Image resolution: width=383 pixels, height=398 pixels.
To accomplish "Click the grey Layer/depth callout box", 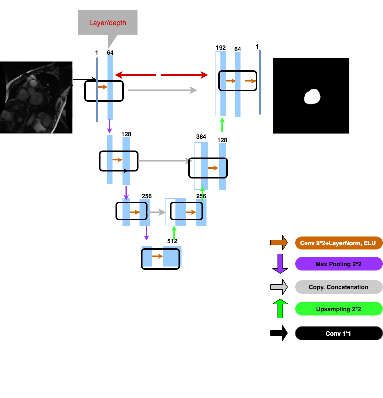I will [107, 23].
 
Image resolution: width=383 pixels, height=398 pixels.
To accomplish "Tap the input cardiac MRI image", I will [36, 97].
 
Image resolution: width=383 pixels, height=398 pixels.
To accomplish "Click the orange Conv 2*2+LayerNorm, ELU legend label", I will [338, 243].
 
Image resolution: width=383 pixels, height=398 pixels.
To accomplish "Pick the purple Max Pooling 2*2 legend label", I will [338, 264].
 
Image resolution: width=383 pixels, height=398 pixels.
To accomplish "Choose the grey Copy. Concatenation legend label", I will [338, 287].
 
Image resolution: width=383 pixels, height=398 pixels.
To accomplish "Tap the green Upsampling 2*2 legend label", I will [338, 309].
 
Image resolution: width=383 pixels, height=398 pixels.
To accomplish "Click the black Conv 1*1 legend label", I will [338, 333].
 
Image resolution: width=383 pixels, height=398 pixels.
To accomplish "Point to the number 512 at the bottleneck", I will [172, 241].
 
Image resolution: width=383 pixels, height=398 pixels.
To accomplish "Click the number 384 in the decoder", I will [201, 136].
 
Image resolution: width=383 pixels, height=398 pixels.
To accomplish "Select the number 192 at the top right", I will [221, 48].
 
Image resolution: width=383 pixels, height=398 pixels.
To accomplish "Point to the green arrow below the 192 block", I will [222, 124].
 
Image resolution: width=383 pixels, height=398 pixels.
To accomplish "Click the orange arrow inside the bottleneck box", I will [157, 256].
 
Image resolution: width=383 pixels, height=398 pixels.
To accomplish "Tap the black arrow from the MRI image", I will [85, 79].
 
